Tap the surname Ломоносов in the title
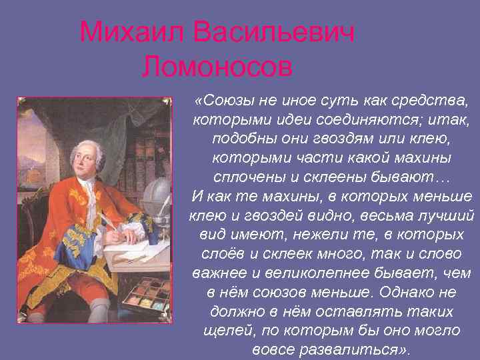tap(217, 66)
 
